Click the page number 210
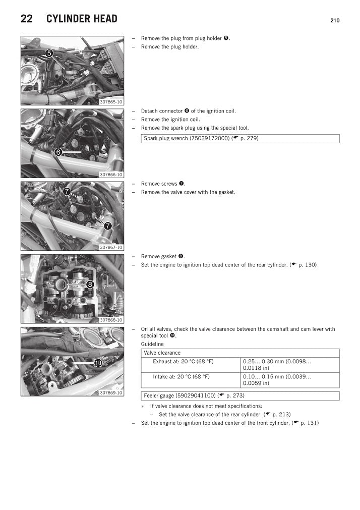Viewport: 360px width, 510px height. (335, 21)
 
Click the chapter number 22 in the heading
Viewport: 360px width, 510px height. (27, 19)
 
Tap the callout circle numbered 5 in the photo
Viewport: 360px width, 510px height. (49, 53)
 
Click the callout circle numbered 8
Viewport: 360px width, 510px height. (90, 285)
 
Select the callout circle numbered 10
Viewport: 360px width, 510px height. (98, 362)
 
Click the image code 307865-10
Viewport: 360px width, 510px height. (111, 102)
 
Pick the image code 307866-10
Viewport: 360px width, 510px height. (111, 175)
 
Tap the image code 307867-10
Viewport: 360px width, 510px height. (111, 248)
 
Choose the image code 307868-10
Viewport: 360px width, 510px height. (111, 320)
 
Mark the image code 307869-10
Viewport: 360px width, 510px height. (111, 393)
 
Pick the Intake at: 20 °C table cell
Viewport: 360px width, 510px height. (181, 377)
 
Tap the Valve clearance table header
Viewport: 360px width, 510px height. (162, 353)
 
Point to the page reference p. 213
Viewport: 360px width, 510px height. (281, 414)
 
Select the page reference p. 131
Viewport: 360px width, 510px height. (309, 423)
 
